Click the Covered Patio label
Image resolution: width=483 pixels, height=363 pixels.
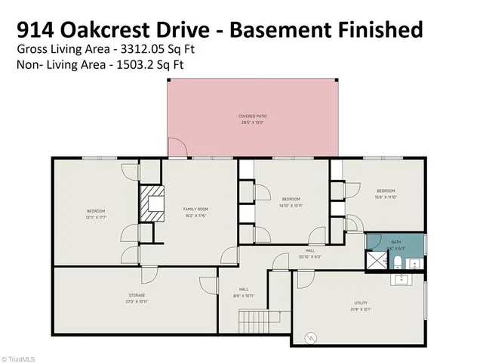[x=253, y=119]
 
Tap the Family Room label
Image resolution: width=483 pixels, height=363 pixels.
[x=195, y=212]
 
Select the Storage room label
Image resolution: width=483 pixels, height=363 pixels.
[x=136, y=298]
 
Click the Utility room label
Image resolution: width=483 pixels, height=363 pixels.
[x=360, y=306]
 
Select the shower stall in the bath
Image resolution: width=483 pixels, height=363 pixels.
[x=375, y=261]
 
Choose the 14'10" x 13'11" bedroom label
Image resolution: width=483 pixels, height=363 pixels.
[x=291, y=202]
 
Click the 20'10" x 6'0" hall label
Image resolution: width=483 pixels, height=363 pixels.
[x=309, y=253]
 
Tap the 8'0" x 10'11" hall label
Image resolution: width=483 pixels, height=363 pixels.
[x=244, y=292]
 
